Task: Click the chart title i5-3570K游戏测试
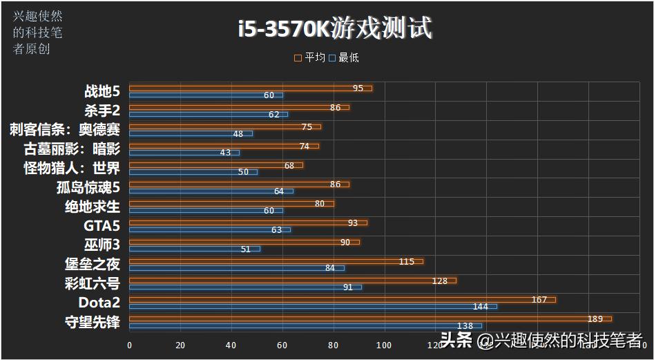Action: point(334,28)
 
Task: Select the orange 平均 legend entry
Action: point(310,58)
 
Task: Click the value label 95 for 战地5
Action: point(358,88)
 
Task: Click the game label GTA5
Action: point(102,225)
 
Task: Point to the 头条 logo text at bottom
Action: point(456,340)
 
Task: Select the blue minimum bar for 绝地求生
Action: point(206,210)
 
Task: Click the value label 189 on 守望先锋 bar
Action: point(595,319)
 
